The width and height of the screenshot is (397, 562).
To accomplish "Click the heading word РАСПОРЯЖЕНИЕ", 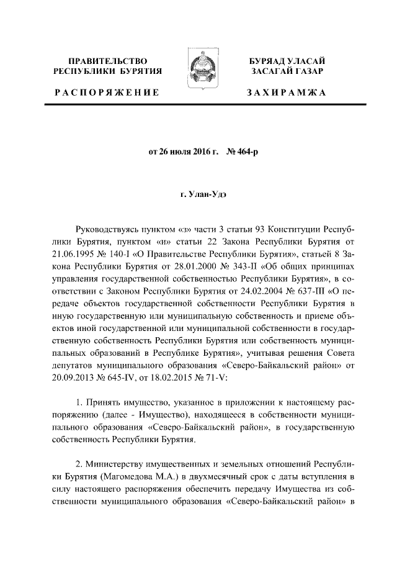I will [x=106, y=93].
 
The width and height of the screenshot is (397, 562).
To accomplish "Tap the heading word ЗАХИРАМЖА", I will [x=286, y=93].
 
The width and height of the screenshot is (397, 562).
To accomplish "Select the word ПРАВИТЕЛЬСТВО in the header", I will [x=108, y=61].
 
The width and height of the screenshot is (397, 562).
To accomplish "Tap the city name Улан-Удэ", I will [x=203, y=195].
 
